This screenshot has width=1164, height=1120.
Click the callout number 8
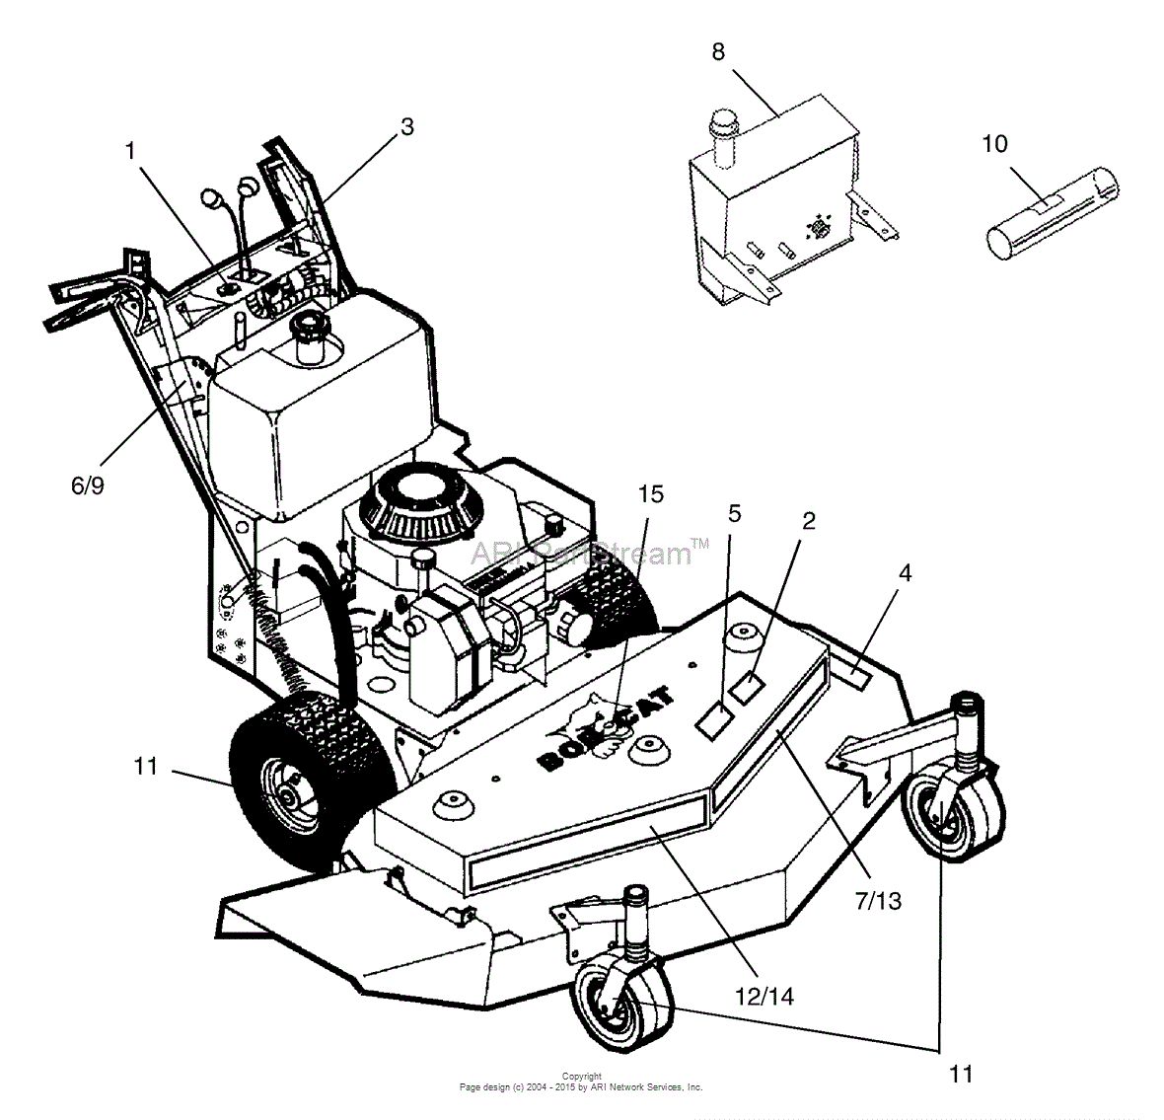[718, 52]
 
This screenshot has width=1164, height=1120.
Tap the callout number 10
[994, 144]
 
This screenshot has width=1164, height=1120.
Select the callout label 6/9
[87, 485]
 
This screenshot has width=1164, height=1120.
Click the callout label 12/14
[770, 997]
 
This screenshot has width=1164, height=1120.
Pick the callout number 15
[651, 493]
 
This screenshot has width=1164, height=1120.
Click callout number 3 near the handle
[406, 126]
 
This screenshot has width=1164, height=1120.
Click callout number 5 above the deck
[734, 513]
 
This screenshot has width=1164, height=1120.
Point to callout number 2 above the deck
[809, 521]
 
